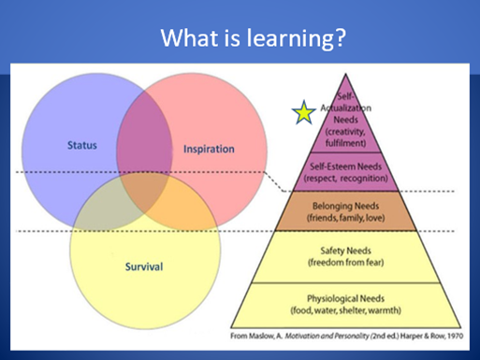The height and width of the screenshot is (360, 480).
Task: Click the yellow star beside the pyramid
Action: (303, 112)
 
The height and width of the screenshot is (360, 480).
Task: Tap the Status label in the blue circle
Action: (82, 145)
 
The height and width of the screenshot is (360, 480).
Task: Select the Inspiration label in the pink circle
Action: (209, 149)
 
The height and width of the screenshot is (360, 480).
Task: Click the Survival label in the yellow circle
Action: (144, 266)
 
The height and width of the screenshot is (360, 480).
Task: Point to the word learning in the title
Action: (287, 37)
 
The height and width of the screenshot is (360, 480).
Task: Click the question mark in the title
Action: (338, 37)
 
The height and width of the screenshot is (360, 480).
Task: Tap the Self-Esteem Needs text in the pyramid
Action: (345, 166)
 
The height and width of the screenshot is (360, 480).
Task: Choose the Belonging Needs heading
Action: (345, 206)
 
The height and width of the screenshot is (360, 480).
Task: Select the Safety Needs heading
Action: (345, 251)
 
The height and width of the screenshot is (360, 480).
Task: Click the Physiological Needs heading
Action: (345, 298)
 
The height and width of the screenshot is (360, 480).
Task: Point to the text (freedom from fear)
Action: (345, 263)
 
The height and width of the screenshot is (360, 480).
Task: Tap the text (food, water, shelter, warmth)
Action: (345, 310)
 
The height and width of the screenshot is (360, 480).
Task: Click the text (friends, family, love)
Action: (345, 218)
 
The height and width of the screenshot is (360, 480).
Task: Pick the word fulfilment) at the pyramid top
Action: (345, 143)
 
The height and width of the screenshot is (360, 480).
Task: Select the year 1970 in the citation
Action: (455, 336)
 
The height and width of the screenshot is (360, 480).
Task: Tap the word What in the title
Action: (189, 37)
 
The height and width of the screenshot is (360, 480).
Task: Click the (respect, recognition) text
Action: (345, 179)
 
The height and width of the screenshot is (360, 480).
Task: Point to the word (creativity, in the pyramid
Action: (345, 132)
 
